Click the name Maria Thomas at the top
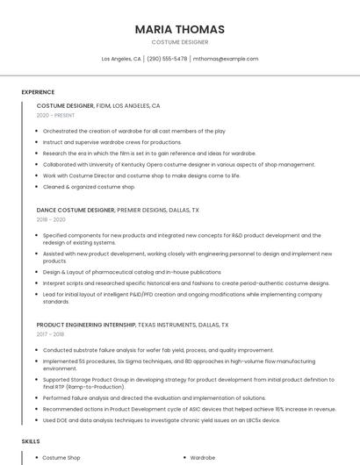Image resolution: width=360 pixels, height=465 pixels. pos(179,29)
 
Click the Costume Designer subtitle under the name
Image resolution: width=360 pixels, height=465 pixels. pos(179,41)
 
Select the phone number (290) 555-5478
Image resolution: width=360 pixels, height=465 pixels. pos(167,59)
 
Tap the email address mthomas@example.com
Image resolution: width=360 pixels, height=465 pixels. pos(226,59)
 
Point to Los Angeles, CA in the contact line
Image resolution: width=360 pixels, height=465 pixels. pos(121,59)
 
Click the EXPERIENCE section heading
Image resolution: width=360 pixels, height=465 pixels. pos(38,92)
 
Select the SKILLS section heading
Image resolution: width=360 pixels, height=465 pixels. pos(31,441)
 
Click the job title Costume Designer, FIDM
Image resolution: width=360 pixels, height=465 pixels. pos(98,105)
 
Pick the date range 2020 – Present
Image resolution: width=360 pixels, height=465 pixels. pos(55,115)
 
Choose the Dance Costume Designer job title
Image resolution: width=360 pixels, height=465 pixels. pos(118,211)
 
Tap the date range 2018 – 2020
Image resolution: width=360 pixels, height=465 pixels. pos(51,219)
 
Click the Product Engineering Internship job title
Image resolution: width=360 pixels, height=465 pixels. pos(133,325)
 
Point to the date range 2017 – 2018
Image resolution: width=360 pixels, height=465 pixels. pos(51,334)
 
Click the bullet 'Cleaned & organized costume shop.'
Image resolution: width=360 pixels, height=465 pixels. pos(89,187)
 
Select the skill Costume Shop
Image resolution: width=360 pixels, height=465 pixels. pos(61,458)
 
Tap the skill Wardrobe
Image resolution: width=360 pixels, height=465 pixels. pos(203,458)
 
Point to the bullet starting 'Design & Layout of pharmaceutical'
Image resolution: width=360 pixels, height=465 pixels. pos(132,272)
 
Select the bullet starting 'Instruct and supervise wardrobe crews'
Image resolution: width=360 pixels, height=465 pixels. pos(112,141)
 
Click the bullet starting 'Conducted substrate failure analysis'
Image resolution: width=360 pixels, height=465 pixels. pos(146,350)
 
